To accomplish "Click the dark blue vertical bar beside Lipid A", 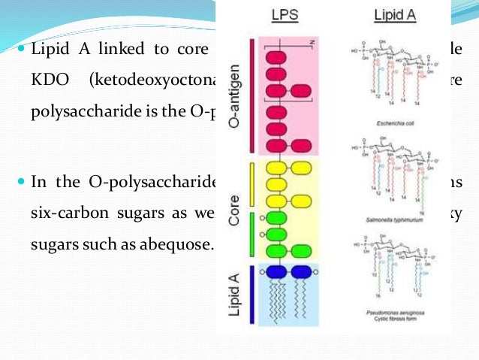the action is point(249,295).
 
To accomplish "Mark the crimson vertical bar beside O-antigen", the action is point(249,98).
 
